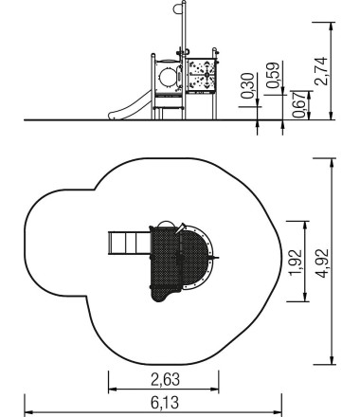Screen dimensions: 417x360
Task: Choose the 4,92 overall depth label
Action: pos(322,264)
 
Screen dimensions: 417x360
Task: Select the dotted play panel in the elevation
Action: pos(200,75)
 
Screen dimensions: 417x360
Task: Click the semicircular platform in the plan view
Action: pos(200,258)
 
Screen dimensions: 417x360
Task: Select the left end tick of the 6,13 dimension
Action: pos(25,411)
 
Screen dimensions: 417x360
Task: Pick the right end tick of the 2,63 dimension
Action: pos(220,388)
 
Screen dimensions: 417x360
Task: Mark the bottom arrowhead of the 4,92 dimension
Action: pos(332,363)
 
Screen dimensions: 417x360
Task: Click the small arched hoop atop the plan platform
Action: pos(165,226)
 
